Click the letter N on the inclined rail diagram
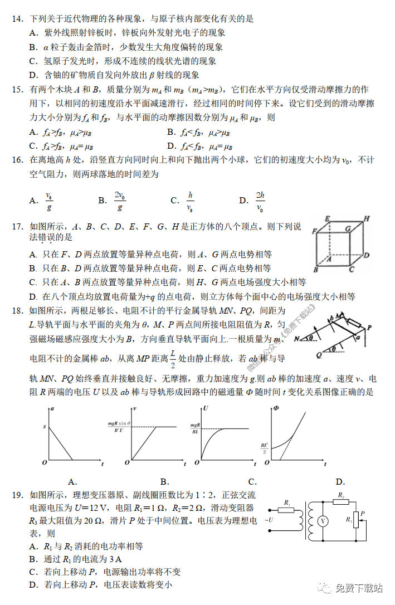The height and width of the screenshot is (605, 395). (297, 338)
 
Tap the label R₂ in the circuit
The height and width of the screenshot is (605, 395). (341, 495)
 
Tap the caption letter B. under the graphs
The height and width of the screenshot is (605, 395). (165, 482)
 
